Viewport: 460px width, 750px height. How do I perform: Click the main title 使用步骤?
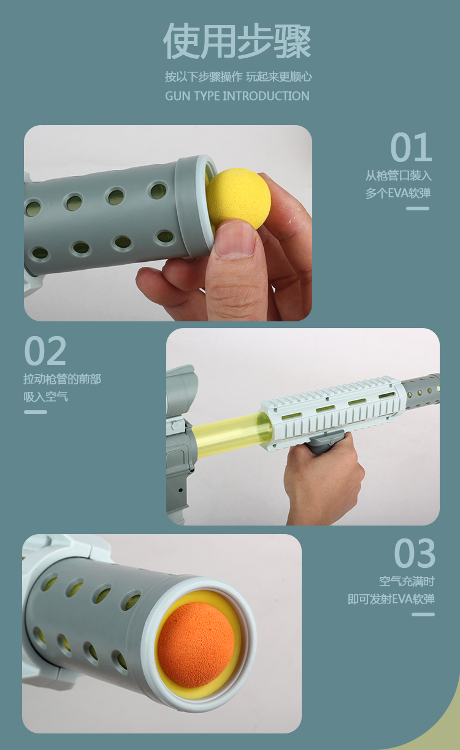(237, 41)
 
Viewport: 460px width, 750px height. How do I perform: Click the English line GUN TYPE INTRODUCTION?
(237, 96)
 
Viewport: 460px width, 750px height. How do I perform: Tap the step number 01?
(411, 147)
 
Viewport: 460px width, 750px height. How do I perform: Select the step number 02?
(45, 351)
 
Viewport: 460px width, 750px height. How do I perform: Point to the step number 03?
(415, 553)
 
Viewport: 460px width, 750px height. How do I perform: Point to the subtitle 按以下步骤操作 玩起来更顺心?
(238, 77)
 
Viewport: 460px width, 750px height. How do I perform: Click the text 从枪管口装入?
(399, 175)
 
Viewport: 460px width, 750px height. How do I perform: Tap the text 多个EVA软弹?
(398, 193)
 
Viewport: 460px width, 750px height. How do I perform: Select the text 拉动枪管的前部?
(63, 379)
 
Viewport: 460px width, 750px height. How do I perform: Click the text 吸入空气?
(46, 397)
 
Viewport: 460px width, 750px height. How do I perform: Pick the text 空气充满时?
(407, 581)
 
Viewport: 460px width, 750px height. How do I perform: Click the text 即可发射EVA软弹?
(391, 599)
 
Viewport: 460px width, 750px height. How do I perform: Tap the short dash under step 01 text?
(418, 209)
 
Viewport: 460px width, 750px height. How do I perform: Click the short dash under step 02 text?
(36, 412)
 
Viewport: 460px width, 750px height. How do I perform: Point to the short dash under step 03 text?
(423, 614)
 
